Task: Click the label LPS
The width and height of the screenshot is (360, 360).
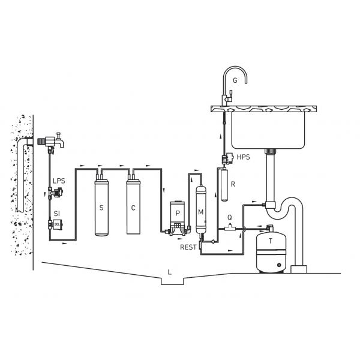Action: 59,181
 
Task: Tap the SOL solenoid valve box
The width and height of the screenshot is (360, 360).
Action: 57,224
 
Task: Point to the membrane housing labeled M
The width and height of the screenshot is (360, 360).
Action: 201,209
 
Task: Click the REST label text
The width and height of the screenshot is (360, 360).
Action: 188,247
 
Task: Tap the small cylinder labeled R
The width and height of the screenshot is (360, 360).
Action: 224,185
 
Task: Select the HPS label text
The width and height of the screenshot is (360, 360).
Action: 244,157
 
